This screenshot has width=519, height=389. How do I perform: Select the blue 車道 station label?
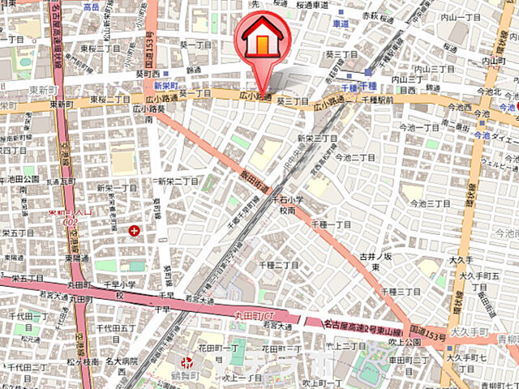[x=341, y=25]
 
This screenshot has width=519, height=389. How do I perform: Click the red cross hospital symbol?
[x=134, y=232]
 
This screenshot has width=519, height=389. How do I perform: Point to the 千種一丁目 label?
[x=330, y=224]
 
